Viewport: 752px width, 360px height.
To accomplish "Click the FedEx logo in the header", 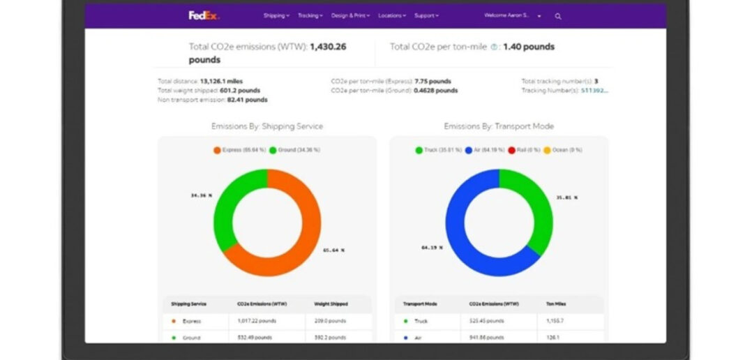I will pyautogui.click(x=204, y=15).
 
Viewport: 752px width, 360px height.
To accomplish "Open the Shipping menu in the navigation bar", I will pyautogui.click(x=276, y=15).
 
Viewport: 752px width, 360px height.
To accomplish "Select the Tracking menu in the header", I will pyautogui.click(x=310, y=15).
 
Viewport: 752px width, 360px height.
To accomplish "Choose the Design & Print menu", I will pyautogui.click(x=350, y=15).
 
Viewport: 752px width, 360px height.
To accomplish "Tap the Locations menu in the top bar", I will pyautogui.click(x=392, y=15).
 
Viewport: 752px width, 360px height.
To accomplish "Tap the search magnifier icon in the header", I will pyautogui.click(x=558, y=16).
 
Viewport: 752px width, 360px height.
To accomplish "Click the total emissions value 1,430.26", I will pyautogui.click(x=328, y=47).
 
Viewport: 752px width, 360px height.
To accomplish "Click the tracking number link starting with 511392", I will pyautogui.click(x=594, y=90).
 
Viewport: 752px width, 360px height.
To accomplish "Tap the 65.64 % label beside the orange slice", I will pyautogui.click(x=333, y=250).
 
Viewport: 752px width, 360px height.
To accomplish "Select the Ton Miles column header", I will pyautogui.click(x=555, y=304).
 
